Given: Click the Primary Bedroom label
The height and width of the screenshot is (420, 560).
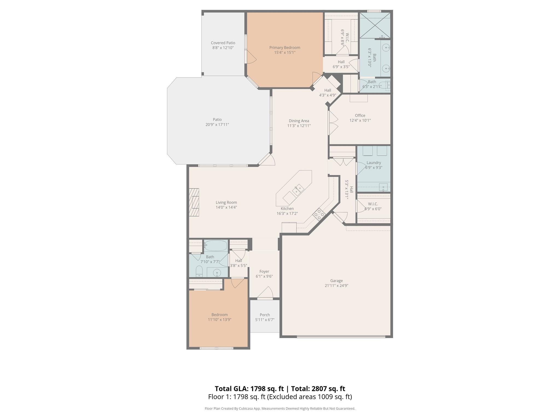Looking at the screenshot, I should [x=285, y=48].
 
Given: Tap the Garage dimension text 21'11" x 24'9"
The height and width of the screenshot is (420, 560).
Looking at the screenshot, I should [x=336, y=285].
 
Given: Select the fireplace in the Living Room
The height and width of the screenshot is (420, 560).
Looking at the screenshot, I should [x=194, y=202].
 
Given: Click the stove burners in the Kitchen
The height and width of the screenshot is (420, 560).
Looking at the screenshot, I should [x=319, y=214].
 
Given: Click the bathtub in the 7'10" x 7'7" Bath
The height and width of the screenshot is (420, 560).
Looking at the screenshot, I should [x=216, y=245].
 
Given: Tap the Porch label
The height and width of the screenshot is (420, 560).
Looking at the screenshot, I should [x=265, y=315].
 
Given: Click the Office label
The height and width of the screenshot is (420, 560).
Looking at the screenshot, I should [x=360, y=115].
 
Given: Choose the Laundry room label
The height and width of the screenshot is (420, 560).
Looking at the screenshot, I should [x=374, y=163].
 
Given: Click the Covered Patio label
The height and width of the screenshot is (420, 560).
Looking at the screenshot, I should [x=223, y=43].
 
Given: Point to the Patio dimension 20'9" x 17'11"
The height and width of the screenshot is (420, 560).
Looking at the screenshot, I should [x=217, y=125].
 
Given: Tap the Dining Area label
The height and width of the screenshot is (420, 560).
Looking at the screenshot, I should [x=299, y=121].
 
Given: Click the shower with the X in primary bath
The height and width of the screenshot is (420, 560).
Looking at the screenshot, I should [x=375, y=25].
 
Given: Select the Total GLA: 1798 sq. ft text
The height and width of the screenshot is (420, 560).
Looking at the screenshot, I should [x=249, y=389].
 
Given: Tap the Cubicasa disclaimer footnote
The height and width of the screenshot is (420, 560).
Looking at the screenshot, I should [x=280, y=409].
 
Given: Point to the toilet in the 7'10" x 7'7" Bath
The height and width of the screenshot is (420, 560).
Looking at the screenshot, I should [x=199, y=271].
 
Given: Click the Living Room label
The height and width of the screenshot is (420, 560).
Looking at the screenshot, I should [x=226, y=203].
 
